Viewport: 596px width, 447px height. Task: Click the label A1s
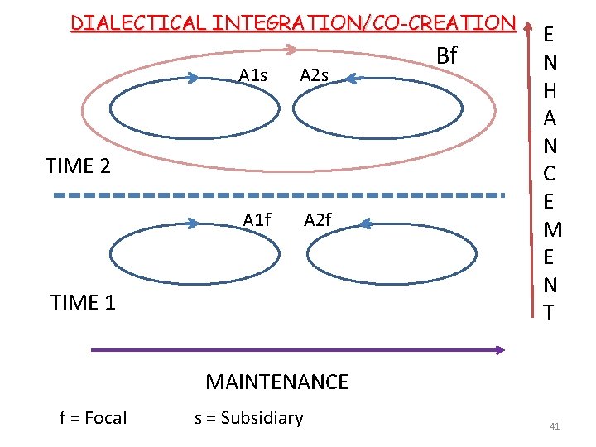click(x=252, y=76)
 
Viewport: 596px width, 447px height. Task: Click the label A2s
click(x=314, y=76)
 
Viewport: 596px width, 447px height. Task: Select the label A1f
click(x=257, y=220)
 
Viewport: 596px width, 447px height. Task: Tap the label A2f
click(x=318, y=220)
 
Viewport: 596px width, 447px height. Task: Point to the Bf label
click(x=446, y=55)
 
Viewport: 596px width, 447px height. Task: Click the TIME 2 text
click(x=79, y=166)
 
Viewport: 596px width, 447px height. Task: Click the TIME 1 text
click(x=83, y=303)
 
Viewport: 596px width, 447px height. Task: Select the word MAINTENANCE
click(x=276, y=382)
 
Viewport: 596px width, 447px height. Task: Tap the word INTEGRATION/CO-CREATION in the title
click(x=363, y=22)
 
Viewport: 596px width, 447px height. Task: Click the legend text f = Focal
click(x=93, y=418)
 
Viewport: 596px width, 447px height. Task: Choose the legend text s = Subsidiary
click(x=248, y=418)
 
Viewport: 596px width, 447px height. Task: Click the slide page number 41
click(x=555, y=426)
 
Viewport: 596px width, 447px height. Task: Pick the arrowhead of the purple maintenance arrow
click(x=499, y=350)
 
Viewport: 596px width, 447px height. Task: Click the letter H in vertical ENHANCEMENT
click(x=550, y=91)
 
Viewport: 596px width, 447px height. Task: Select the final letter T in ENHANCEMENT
click(x=550, y=312)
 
